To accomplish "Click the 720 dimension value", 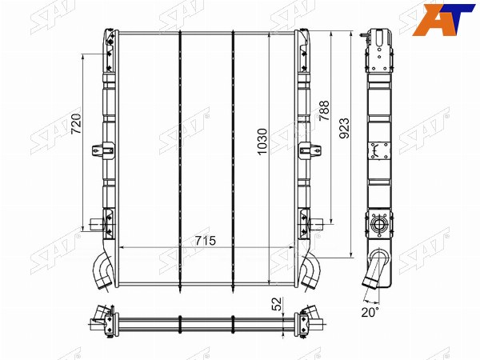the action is (76, 124).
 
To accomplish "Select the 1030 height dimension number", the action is (262, 142).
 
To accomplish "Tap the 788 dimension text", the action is (324, 110).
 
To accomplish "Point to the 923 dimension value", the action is (344, 128).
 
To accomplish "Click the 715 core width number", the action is (206, 241).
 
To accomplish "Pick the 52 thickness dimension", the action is (277, 304).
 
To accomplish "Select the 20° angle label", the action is (370, 312).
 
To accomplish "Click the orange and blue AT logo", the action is (443, 19).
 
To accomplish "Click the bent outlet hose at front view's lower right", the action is (310, 270).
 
